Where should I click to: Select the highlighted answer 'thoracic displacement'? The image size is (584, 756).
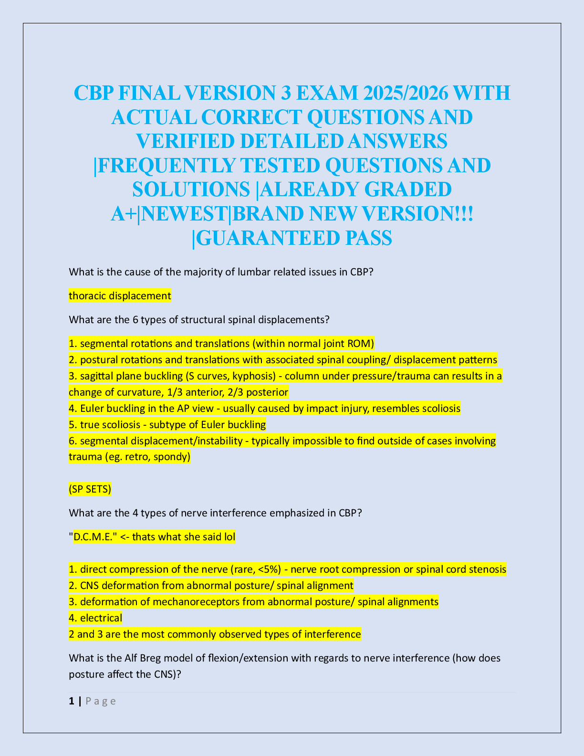[120, 296]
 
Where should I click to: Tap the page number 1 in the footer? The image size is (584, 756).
[72, 701]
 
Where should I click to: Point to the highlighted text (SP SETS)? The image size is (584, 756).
[90, 489]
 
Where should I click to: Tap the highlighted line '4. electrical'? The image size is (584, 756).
[95, 618]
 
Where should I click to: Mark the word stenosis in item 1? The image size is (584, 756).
[488, 569]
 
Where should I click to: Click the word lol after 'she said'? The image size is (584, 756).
[229, 537]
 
